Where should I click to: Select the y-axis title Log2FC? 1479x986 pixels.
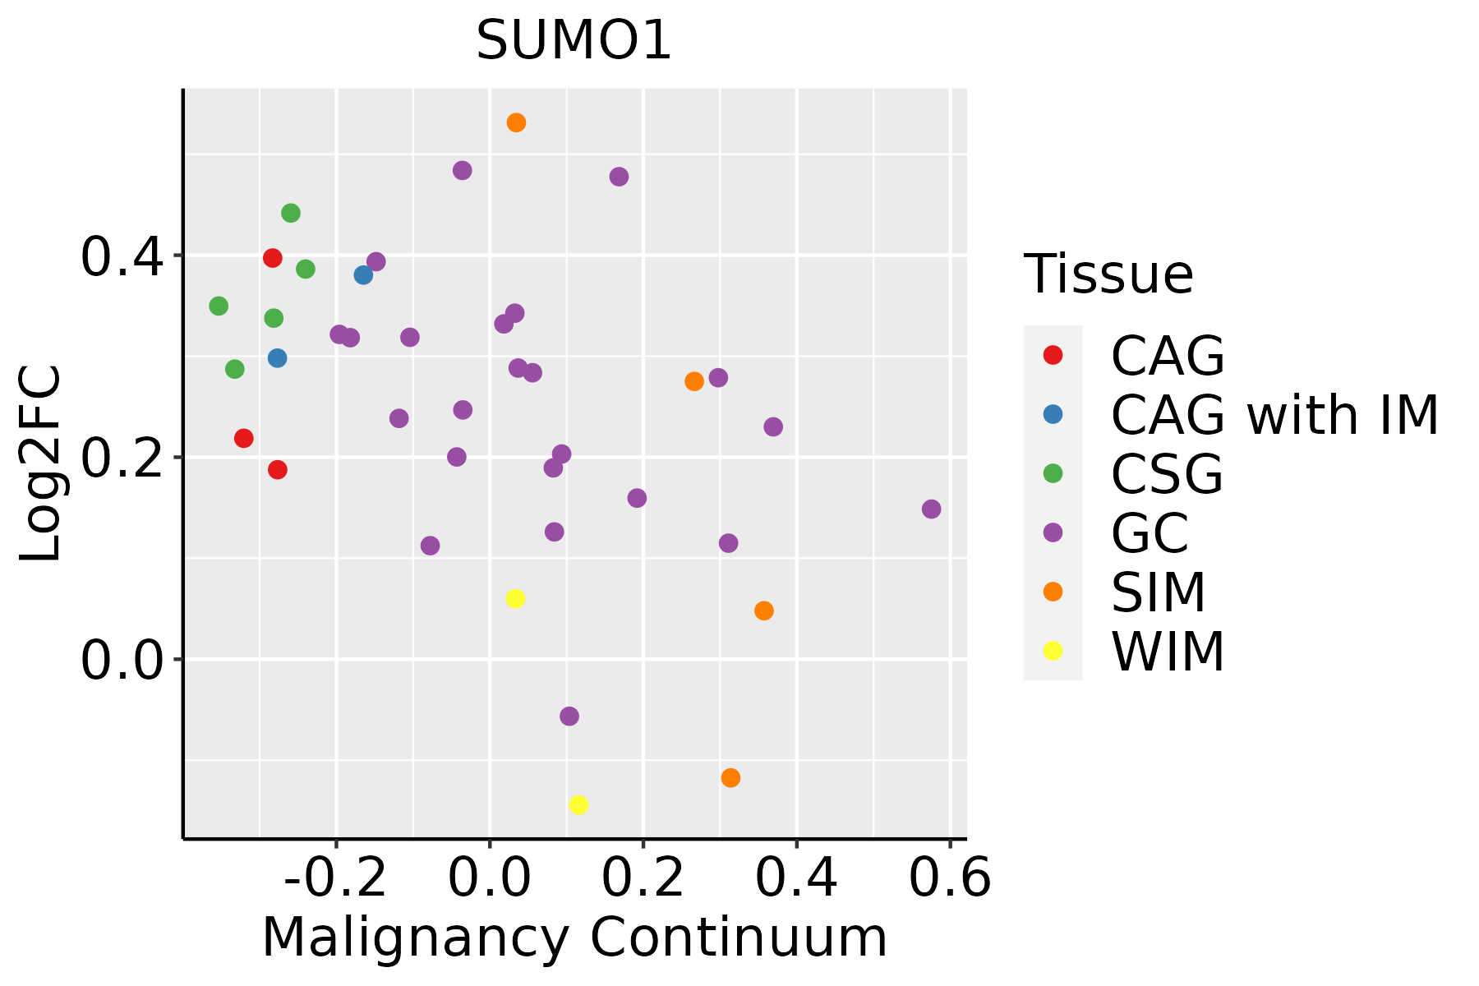pos(41,463)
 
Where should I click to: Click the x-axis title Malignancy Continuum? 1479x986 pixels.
pos(574,938)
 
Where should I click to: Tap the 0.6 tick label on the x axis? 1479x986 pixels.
pos(950,878)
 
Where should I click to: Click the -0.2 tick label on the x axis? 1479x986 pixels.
pos(335,878)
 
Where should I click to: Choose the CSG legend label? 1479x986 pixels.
pos(1167,474)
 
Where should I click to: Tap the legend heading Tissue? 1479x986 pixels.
pos(1108,274)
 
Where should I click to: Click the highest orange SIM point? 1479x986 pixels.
pos(516,123)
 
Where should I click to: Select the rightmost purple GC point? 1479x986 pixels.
pos(931,509)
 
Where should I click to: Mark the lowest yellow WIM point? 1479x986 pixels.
pos(578,805)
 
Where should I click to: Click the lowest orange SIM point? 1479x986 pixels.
pos(730,778)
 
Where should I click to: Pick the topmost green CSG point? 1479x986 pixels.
pos(291,214)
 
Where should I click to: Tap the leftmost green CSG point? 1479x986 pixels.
pos(219,306)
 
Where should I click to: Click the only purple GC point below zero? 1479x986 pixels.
pos(569,716)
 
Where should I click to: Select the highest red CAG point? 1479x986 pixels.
pos(273,258)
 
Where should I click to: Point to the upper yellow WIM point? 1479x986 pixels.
pos(515,599)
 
